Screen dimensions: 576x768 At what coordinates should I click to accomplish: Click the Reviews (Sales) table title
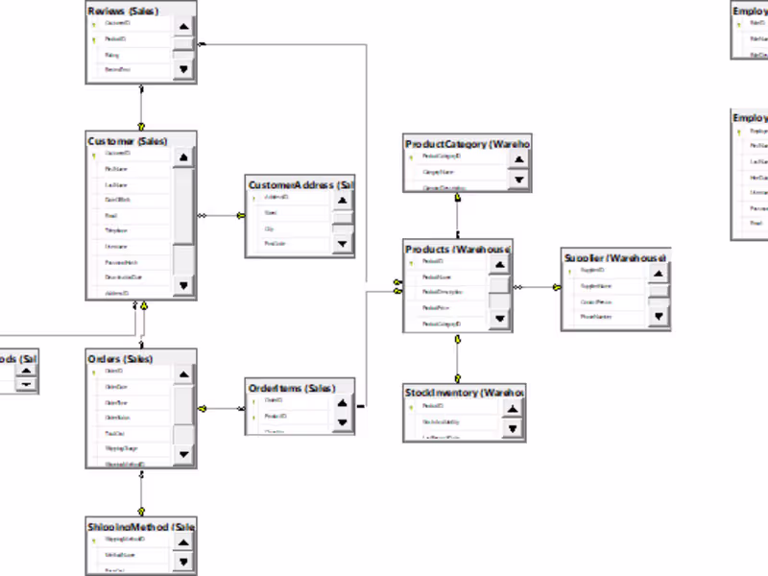click(123, 11)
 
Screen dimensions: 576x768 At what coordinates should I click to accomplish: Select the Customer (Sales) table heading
click(128, 141)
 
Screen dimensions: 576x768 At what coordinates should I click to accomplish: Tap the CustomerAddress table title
click(300, 184)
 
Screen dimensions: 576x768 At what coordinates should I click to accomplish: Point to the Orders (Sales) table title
click(120, 359)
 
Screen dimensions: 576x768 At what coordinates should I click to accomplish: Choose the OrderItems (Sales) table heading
click(292, 388)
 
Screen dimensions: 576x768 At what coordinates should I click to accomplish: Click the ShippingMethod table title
click(140, 527)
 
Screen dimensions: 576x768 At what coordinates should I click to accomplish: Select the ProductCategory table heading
click(467, 144)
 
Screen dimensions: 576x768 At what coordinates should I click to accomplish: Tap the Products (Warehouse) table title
click(457, 250)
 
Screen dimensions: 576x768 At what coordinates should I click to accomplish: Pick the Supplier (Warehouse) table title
click(614, 258)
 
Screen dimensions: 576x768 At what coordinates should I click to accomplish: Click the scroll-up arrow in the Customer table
click(183, 156)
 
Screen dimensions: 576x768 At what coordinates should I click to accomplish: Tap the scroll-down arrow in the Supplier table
click(658, 316)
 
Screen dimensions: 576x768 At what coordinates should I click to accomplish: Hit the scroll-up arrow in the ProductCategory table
click(518, 159)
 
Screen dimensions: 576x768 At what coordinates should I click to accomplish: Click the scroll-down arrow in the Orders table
click(183, 454)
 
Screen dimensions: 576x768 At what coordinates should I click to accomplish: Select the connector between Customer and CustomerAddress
click(221, 216)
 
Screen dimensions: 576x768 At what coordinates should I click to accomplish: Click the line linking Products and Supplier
click(537, 287)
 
